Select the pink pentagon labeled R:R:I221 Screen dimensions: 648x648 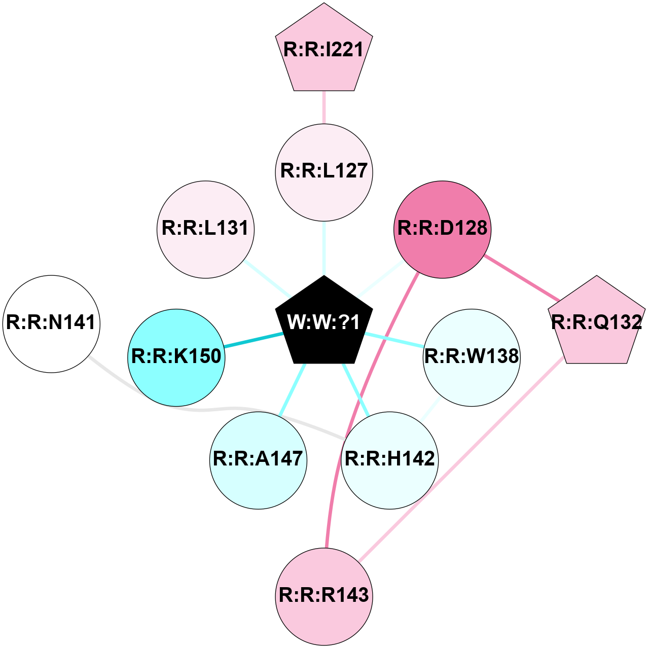pyautogui.click(x=324, y=50)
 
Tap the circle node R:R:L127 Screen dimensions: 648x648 pyautogui.click(x=324, y=172)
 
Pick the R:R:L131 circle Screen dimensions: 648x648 pyautogui.click(x=205, y=229)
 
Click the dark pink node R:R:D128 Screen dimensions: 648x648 pyautogui.click(x=442, y=229)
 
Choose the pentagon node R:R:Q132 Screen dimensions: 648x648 pyautogui.click(x=596, y=323)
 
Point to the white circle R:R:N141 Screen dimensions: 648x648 pyautogui.click(x=51, y=323)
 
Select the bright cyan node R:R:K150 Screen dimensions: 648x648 pyautogui.click(x=176, y=357)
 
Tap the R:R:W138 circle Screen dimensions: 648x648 pyautogui.click(x=472, y=357)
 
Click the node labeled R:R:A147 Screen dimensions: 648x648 pyautogui.click(x=258, y=459)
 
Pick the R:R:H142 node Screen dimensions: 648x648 pyautogui.click(x=389, y=459)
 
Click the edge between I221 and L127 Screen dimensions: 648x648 pyautogui.click(x=324, y=107)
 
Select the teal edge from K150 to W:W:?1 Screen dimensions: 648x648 pyautogui.click(x=254, y=340)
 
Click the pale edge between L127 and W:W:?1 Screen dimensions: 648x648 pyautogui.click(x=324, y=248)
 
